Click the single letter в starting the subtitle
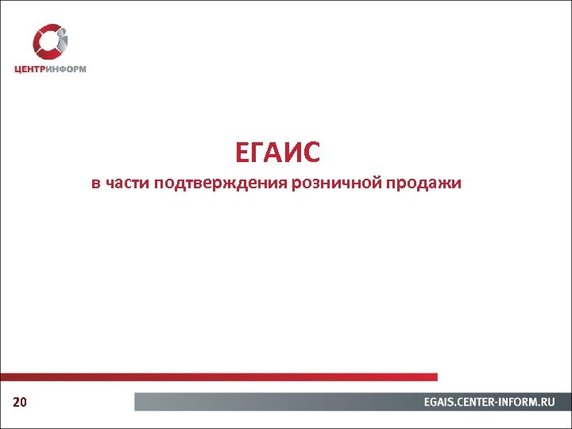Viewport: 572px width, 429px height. pyautogui.click(x=95, y=185)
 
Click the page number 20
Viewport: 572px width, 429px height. pyautogui.click(x=21, y=403)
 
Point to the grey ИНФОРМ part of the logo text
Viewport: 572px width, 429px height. pyautogui.click(x=67, y=69)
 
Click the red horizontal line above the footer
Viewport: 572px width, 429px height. pyautogui.click(x=218, y=377)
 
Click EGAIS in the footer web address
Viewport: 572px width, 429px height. pyautogui.click(x=440, y=403)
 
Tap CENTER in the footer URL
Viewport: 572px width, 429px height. pyautogui.click(x=479, y=403)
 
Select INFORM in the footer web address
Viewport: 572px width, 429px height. pyautogui.click(x=520, y=403)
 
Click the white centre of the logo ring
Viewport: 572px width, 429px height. pyautogui.click(x=49, y=41)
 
